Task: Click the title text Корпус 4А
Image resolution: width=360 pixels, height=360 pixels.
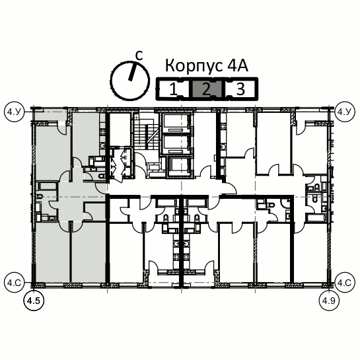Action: point(207,66)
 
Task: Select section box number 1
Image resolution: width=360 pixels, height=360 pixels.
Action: point(173,89)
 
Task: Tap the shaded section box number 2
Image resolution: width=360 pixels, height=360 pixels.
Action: point(207,89)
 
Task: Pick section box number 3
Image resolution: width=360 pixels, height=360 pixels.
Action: point(240,89)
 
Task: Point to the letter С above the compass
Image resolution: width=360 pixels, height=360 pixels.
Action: point(139,55)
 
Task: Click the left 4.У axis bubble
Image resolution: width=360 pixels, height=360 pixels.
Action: point(15,112)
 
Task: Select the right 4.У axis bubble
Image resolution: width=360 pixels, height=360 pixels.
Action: point(345,112)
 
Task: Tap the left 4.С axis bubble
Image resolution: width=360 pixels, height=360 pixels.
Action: point(15,283)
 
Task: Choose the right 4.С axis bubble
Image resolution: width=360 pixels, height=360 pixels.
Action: point(345,283)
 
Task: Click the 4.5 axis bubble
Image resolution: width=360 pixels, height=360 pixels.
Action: point(34,301)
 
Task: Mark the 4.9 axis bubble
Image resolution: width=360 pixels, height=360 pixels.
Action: point(329,301)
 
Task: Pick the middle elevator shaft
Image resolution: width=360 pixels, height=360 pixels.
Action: point(176,145)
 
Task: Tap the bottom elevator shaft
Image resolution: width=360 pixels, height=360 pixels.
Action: point(179,167)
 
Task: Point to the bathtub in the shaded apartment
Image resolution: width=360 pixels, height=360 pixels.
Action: point(48,186)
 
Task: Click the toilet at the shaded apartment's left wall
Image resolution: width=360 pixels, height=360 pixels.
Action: point(39,196)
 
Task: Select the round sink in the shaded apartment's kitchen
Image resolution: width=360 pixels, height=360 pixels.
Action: point(102,145)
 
